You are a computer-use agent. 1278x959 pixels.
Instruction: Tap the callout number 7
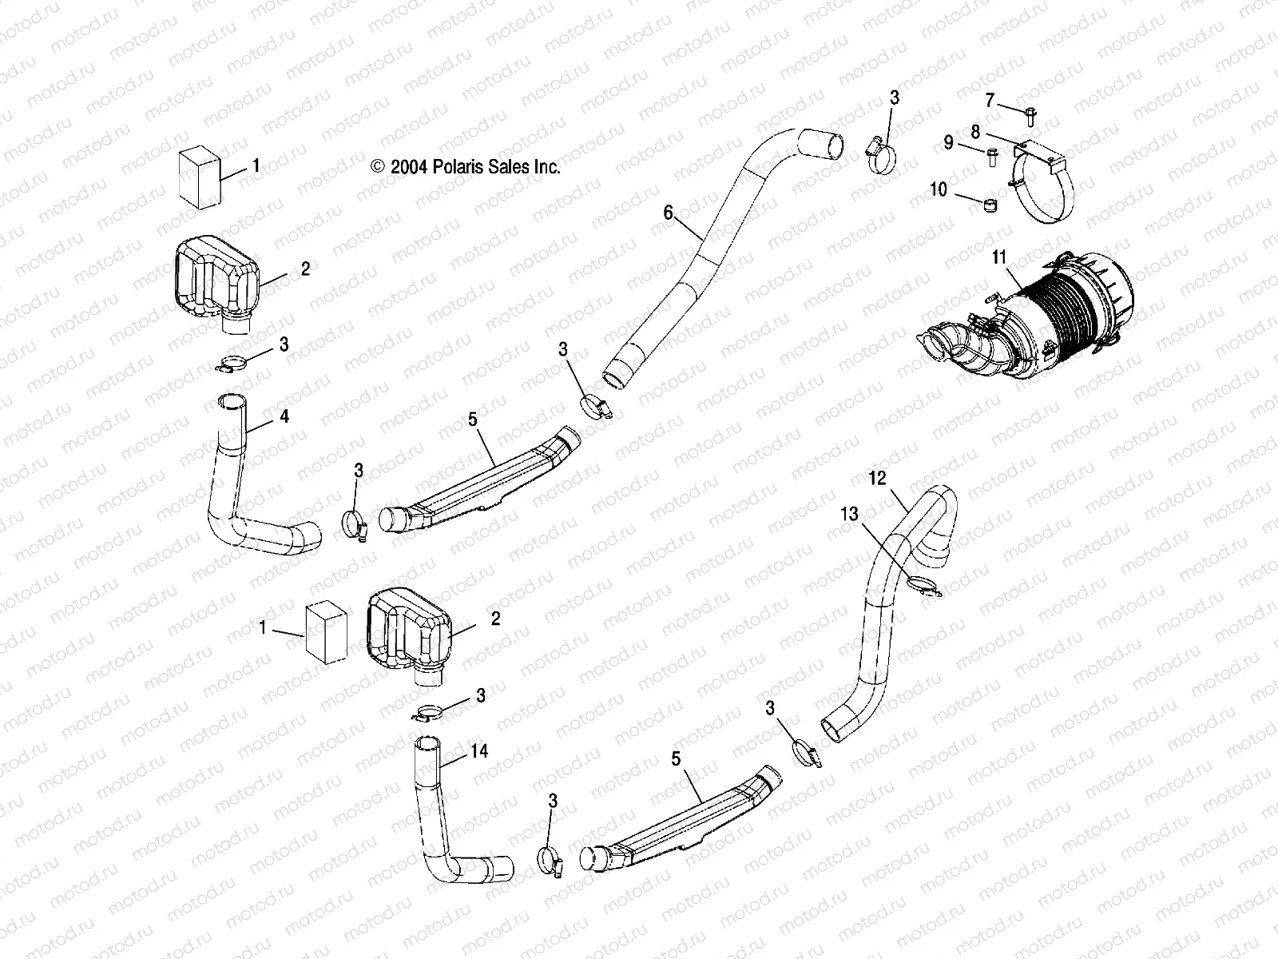pos(990,100)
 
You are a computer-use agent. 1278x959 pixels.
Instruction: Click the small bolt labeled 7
pos(1030,117)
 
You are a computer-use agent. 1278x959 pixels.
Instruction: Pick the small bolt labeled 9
pos(994,156)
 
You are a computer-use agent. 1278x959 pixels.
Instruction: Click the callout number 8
pos(975,130)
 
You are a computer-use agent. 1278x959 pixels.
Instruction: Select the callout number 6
pos(668,212)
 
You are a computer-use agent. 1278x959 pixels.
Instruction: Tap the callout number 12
pos(877,479)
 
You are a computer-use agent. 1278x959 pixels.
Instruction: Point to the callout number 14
pos(479,751)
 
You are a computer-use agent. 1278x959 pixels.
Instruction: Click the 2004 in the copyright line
pos(408,167)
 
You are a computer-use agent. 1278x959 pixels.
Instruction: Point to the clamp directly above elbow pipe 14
pos(431,712)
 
